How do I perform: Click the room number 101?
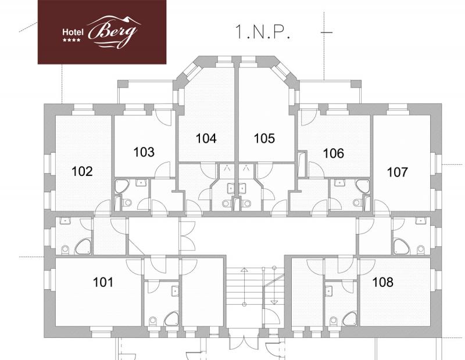tap(103, 282)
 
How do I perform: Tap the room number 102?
tap(82, 171)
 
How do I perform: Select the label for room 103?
tap(144, 152)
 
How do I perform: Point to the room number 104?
tap(206, 138)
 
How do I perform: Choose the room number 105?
tap(264, 138)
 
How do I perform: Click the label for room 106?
tap(333, 153)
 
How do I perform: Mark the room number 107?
tap(398, 172)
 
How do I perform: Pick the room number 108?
tap(383, 282)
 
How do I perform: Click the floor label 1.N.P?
tap(262, 32)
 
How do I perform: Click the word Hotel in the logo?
tap(73, 32)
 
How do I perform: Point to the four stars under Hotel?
tap(71, 40)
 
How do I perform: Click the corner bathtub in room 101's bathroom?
tap(171, 319)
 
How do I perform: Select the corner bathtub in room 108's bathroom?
tap(350, 319)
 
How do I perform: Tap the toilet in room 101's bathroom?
tap(153, 321)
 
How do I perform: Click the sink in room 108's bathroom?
tap(328, 291)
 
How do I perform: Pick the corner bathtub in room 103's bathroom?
tap(121, 186)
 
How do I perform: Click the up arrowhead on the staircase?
tap(244, 270)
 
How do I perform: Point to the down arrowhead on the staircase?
tap(274, 302)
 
